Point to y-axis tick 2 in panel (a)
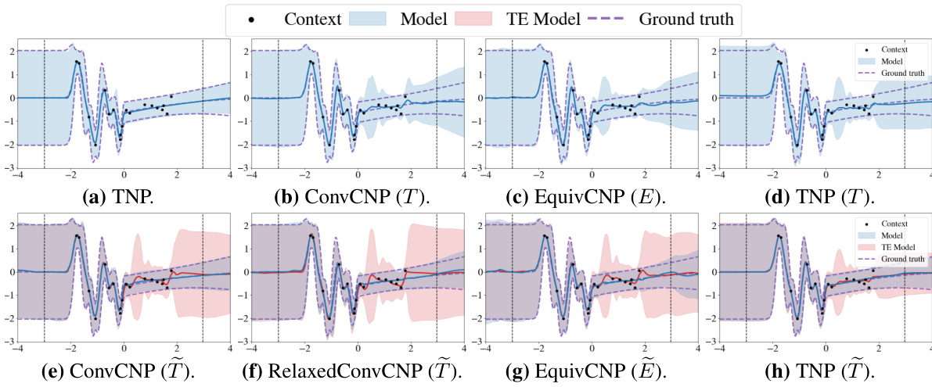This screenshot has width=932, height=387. click(11, 52)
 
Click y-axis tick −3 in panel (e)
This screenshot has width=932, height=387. click(9, 342)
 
